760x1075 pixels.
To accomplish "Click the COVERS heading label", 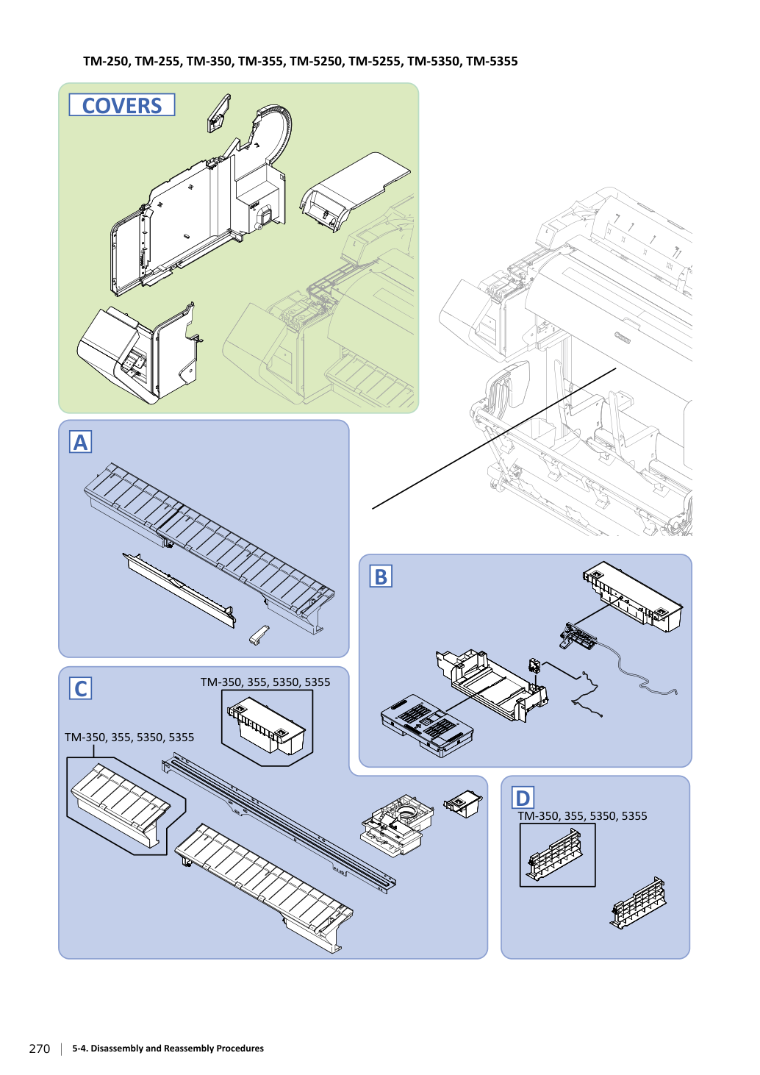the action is pyautogui.click(x=122, y=104).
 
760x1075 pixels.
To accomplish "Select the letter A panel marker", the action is pyautogui.click(x=80, y=442).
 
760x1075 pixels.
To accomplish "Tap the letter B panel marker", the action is pyautogui.click(x=381, y=576).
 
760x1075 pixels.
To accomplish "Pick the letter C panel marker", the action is pyautogui.click(x=80, y=688).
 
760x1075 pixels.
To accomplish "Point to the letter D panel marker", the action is pyautogui.click(x=523, y=798).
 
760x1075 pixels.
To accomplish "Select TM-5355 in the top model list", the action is pyautogui.click(x=492, y=62).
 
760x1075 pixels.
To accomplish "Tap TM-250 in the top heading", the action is pyautogui.click(x=106, y=62).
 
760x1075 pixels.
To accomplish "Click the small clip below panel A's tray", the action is pyautogui.click(x=259, y=635).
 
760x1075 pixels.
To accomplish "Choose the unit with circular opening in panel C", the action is pyautogui.click(x=397, y=824).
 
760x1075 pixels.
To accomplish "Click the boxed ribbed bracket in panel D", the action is pyautogui.click(x=555, y=854).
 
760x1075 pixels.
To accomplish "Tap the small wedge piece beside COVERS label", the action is pyautogui.click(x=218, y=113).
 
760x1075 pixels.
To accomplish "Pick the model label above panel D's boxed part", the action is pyautogui.click(x=582, y=816).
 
